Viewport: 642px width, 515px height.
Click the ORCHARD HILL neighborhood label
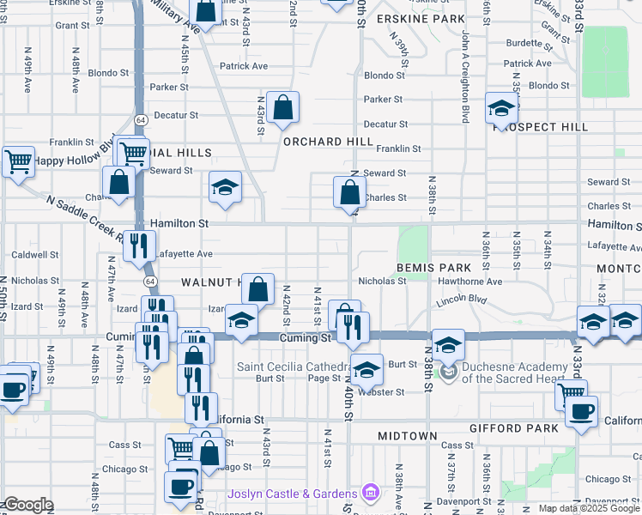coord(328,142)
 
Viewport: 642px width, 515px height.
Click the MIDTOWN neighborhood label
coord(409,436)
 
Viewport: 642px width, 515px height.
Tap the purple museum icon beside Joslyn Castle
coord(370,493)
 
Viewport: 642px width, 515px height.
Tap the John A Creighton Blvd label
coord(465,77)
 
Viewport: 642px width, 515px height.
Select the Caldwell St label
coord(35,255)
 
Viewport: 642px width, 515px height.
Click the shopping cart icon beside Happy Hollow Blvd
coord(18,161)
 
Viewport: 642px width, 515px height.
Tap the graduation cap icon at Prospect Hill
coord(500,109)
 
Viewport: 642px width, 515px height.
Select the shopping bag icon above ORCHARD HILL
coord(282,108)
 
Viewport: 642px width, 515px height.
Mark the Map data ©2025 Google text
coord(589,508)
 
